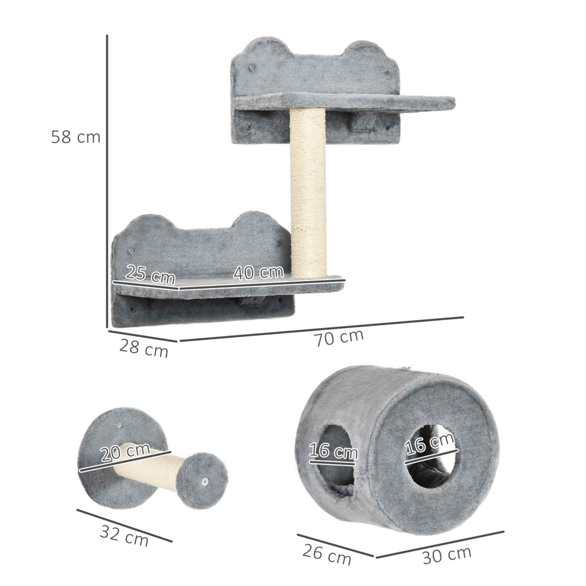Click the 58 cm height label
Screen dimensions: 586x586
75,137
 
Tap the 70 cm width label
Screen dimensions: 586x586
339,337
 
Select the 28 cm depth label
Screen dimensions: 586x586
144,348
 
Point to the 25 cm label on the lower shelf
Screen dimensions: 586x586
150,275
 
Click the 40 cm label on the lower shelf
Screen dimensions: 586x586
259,272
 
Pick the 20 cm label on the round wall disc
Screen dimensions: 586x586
125,452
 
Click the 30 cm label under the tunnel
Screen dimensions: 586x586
447,555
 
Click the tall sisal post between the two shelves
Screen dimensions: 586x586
308,190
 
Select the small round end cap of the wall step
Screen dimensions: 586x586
203,480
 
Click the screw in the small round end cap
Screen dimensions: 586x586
204,482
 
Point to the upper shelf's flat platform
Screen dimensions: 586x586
347,101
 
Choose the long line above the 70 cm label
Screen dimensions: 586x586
321,329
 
